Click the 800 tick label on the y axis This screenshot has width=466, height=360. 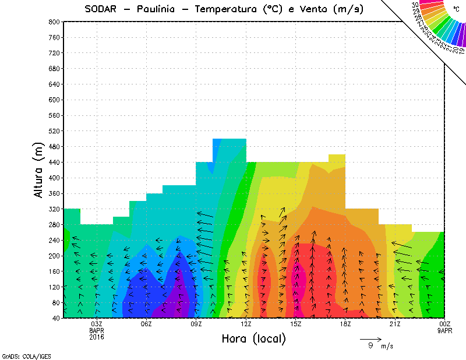(x=54, y=22)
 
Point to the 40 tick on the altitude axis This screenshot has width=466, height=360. (x=56, y=318)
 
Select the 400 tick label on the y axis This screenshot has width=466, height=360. (x=54, y=178)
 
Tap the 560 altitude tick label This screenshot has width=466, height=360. (x=54, y=115)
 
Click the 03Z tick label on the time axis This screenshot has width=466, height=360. (x=97, y=324)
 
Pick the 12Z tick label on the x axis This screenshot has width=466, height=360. (x=246, y=324)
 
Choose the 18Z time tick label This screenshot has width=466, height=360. (x=345, y=324)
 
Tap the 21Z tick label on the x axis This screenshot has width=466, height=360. (x=395, y=324)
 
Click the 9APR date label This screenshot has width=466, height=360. (x=444, y=330)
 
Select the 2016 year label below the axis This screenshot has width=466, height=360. (x=97, y=337)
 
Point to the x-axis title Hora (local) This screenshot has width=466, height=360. (x=253, y=338)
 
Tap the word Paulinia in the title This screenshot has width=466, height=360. (x=158, y=9)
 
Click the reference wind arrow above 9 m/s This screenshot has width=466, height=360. (x=370, y=338)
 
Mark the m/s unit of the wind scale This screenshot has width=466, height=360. (x=387, y=346)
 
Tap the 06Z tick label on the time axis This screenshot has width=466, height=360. (x=146, y=324)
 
